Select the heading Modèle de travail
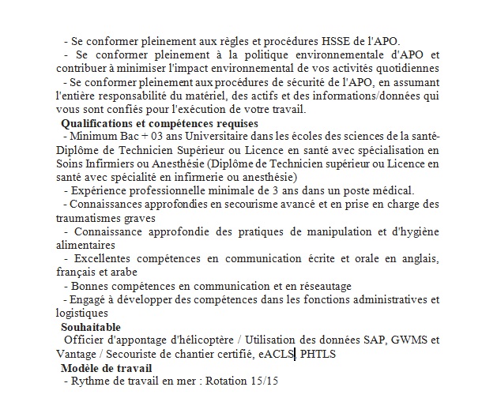pyautogui.click(x=107, y=368)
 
